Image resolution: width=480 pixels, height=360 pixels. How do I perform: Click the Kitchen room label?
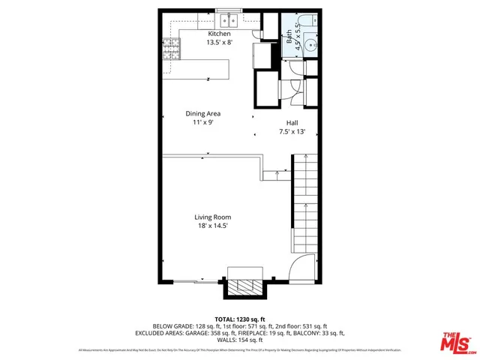(x=219, y=34)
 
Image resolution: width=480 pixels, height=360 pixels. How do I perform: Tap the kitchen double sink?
(x=226, y=20)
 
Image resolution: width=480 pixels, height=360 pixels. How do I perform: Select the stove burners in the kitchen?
(x=172, y=49)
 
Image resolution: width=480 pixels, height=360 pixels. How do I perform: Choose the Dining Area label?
(x=203, y=114)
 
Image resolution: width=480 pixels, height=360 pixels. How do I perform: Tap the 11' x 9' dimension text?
(x=203, y=122)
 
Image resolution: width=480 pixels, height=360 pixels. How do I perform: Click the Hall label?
(x=292, y=124)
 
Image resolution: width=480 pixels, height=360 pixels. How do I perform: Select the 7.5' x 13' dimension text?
(x=292, y=132)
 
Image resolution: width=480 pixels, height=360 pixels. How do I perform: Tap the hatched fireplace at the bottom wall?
(x=245, y=286)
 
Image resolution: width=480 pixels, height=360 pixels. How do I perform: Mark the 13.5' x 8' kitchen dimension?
(x=219, y=43)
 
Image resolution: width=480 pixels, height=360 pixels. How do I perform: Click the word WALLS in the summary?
(x=227, y=340)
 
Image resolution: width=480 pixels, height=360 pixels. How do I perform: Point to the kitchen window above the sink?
(x=226, y=10)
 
